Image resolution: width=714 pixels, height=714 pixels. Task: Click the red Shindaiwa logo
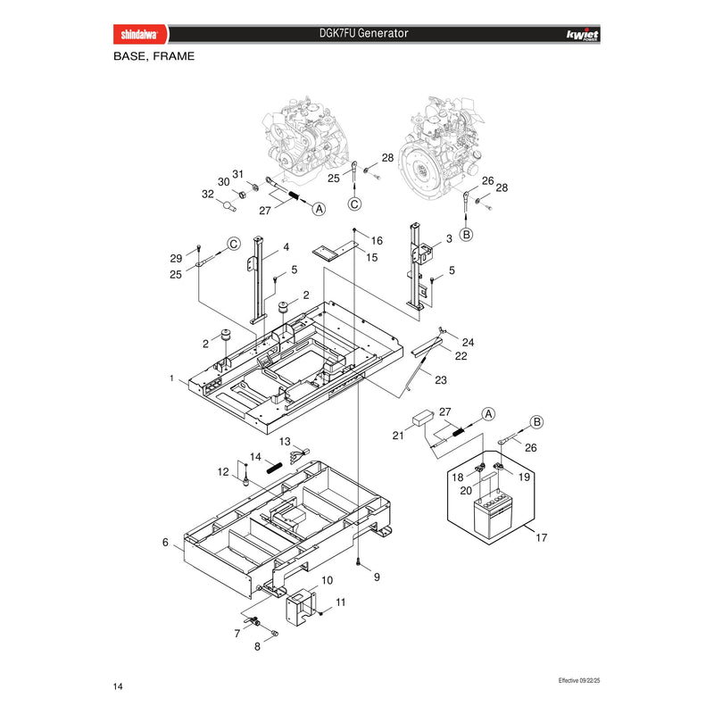coord(140,34)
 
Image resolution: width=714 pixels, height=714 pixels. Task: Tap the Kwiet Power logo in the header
coord(583,35)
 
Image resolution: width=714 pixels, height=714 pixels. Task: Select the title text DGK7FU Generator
coord(363,33)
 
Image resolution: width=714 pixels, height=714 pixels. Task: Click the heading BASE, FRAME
coord(154,56)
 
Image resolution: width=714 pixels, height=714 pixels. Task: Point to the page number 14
coord(118,686)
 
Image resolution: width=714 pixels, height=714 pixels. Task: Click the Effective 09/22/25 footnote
coord(579,680)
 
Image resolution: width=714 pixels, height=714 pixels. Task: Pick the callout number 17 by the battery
coord(541,538)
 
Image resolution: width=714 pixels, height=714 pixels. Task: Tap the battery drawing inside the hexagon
coord(494,516)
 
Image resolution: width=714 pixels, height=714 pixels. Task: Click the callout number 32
coord(208,194)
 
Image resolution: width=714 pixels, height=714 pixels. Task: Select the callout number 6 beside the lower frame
coord(165,543)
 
